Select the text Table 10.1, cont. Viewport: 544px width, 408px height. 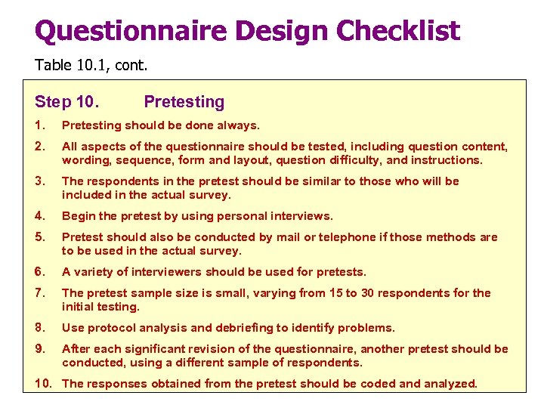[x=91, y=66]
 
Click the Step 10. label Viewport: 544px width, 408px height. [x=70, y=101]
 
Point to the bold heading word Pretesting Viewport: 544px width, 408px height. [x=184, y=101]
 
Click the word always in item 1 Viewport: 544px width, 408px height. [x=234, y=125]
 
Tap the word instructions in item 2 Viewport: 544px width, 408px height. [x=446, y=160]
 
